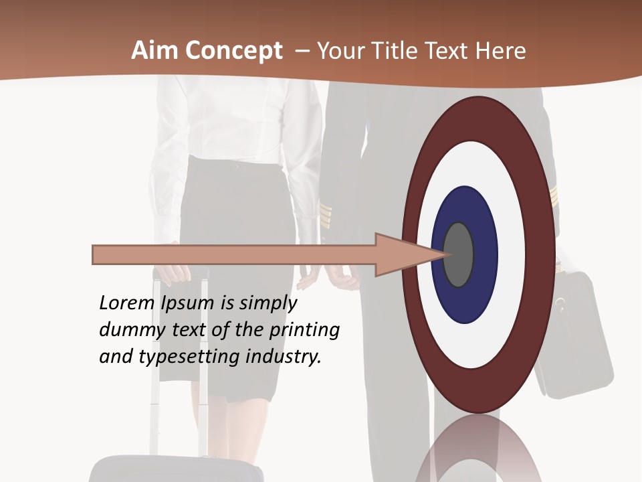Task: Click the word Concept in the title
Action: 234,52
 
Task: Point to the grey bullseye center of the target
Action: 459,254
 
